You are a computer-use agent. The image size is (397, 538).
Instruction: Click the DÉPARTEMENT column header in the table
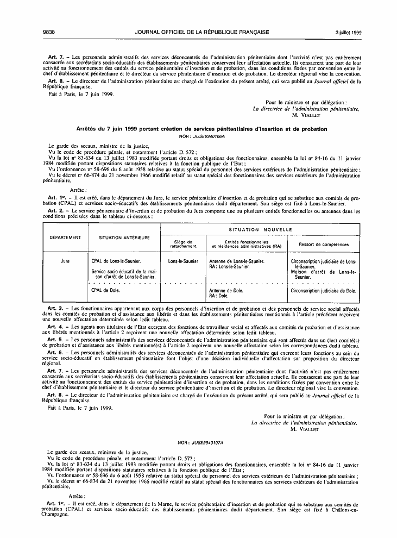pos(66,237)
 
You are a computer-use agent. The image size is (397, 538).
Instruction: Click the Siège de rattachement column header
pos(183,244)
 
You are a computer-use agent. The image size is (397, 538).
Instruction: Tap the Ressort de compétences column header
pos(324,244)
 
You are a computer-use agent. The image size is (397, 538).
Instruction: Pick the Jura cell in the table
pos(66,261)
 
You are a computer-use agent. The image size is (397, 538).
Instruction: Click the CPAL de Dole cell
pos(105,290)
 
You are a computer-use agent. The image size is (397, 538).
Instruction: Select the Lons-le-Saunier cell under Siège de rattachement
pos(183,261)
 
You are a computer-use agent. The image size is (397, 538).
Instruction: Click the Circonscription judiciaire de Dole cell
pos(324,291)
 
